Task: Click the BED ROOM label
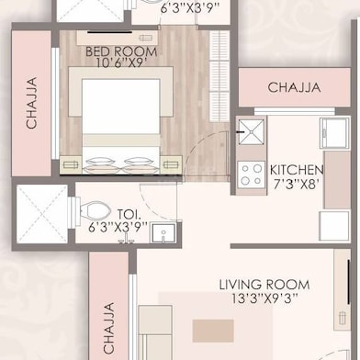pos(122,52)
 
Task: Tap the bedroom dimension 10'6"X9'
pos(122,65)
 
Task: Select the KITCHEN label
pos(296,170)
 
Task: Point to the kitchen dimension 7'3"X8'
pos(296,184)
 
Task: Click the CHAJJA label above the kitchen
pos(294,88)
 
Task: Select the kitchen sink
pos(249,130)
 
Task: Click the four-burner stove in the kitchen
pos(249,174)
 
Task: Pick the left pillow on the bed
pos(98,163)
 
